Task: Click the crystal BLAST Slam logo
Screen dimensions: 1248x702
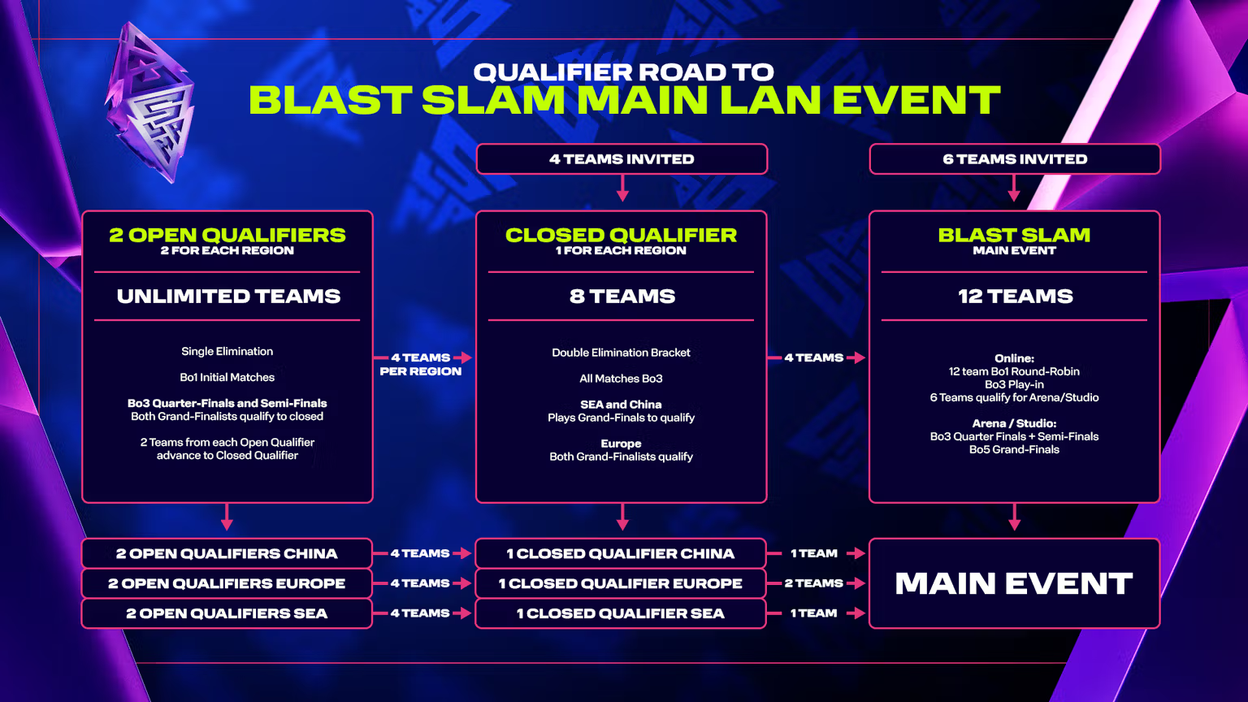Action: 149,103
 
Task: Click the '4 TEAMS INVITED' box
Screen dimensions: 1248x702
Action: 622,158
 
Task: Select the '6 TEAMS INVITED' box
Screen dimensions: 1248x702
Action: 1015,158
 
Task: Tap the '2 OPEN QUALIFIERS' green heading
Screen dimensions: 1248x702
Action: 227,235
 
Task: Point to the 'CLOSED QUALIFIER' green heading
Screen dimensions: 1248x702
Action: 622,235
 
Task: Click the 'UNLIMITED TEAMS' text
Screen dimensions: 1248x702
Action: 228,296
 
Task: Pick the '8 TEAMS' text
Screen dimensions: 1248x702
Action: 622,296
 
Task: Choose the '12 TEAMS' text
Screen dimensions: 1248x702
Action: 1015,296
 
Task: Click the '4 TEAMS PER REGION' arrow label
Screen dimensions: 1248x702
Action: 421,364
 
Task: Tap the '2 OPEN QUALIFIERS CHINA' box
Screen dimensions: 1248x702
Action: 227,553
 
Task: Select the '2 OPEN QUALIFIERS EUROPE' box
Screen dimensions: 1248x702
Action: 227,583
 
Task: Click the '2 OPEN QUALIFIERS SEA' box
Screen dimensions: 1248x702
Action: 227,613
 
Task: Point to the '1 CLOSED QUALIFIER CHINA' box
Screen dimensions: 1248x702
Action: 621,553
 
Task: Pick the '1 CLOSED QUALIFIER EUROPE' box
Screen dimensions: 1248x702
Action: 621,583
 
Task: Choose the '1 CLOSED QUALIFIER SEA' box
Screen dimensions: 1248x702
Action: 621,613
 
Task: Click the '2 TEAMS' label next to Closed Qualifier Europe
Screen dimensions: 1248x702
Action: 813,583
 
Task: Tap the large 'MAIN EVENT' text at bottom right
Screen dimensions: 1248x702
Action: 1014,583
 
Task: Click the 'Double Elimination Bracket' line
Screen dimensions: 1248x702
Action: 622,353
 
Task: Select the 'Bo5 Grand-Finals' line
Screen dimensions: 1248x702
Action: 1014,449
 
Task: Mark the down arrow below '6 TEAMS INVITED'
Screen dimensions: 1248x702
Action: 1014,188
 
